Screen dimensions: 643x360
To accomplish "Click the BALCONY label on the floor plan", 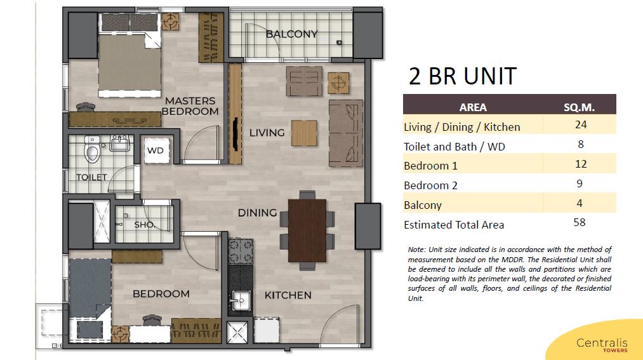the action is pyautogui.click(x=291, y=34).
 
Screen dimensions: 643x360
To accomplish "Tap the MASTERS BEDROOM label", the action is pyautogui.click(x=190, y=106).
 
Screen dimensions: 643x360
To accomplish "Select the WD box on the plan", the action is pyautogui.click(x=156, y=150).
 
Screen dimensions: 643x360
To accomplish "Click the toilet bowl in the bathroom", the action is pyautogui.click(x=92, y=150).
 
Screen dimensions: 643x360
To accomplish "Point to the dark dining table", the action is pyautogui.click(x=307, y=230).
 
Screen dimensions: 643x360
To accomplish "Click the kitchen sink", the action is pyautogui.click(x=240, y=301).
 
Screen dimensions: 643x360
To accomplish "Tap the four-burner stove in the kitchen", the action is pyautogui.click(x=241, y=251).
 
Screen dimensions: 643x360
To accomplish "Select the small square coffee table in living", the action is pyautogui.click(x=304, y=133).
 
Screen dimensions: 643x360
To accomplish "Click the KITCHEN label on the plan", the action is pyautogui.click(x=288, y=295).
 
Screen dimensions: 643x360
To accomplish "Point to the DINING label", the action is pyautogui.click(x=258, y=213).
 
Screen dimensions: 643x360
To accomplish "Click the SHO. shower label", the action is pyautogui.click(x=144, y=225).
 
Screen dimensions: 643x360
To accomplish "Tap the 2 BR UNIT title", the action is pyautogui.click(x=463, y=76).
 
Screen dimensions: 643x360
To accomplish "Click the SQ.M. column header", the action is pyautogui.click(x=579, y=107).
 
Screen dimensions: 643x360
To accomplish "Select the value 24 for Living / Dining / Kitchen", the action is pyautogui.click(x=581, y=124).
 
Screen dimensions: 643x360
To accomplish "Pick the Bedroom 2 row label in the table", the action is pyautogui.click(x=430, y=185).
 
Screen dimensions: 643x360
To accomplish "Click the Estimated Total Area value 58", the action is pyautogui.click(x=580, y=223).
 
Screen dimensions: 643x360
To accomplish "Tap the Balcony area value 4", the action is pyautogui.click(x=580, y=203).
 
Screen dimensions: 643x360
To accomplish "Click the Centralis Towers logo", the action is pyautogui.click(x=602, y=344).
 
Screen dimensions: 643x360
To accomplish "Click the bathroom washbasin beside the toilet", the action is pyautogui.click(x=119, y=143).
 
